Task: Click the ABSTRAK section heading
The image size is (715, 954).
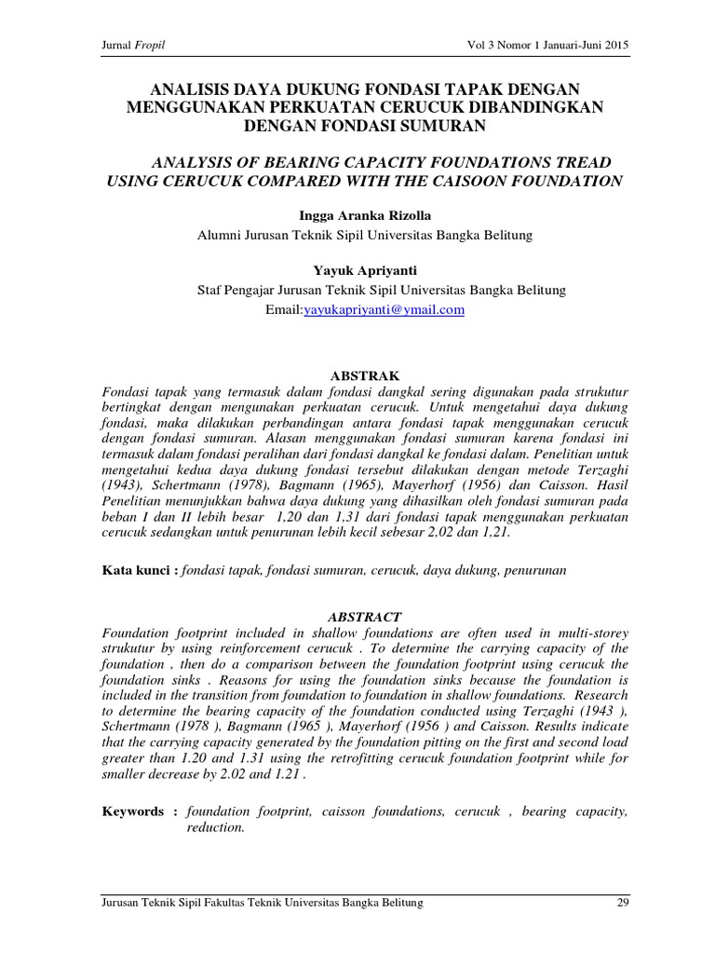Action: pos(365,375)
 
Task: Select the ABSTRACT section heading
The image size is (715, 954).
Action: pos(365,617)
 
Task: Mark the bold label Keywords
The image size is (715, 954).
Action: pos(134,811)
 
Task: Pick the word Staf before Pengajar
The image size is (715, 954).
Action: pos(209,291)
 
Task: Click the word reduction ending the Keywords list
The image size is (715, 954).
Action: pos(214,828)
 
